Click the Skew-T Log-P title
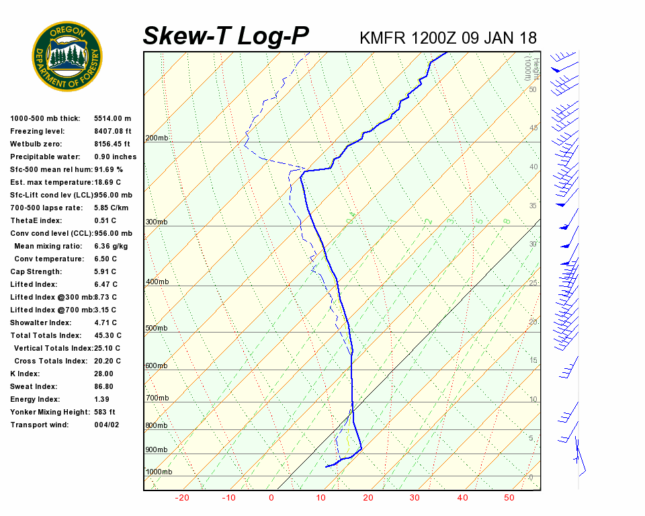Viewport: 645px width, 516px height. click(x=226, y=36)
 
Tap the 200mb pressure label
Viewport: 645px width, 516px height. click(x=157, y=138)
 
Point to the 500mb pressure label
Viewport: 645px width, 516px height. click(x=157, y=329)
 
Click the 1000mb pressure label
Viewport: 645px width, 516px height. click(x=159, y=472)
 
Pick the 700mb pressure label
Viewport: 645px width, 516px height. click(x=157, y=398)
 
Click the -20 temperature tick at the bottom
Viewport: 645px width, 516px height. click(x=181, y=498)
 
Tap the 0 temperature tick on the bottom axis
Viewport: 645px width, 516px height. click(x=271, y=498)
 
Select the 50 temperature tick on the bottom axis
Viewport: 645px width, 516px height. click(x=509, y=498)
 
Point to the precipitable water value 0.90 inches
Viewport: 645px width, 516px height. click(x=115, y=157)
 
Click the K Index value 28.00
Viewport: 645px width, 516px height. click(x=103, y=374)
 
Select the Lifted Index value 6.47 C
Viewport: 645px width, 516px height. click(x=105, y=284)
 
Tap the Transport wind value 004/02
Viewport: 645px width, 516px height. click(x=107, y=425)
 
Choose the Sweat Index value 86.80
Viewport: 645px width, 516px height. click(x=103, y=386)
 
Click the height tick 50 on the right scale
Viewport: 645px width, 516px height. click(x=532, y=89)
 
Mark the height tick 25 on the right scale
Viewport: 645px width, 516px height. click(x=532, y=283)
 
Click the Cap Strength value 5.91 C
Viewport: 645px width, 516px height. click(x=105, y=271)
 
